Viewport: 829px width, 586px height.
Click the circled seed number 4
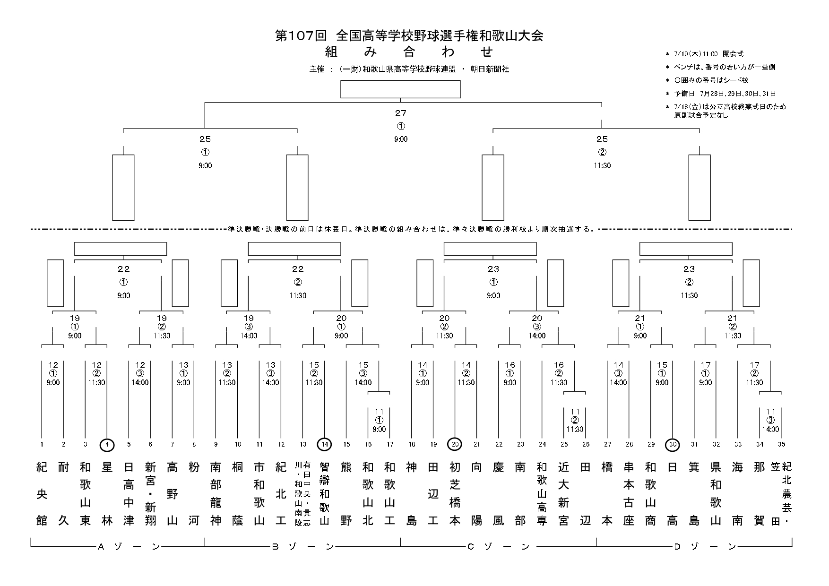pyautogui.click(x=107, y=445)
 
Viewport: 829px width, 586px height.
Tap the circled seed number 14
pyautogui.click(x=325, y=445)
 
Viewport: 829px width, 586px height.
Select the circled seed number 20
pyautogui.click(x=455, y=445)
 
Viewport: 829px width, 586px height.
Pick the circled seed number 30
pyautogui.click(x=673, y=445)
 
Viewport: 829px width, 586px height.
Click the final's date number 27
pyautogui.click(x=401, y=113)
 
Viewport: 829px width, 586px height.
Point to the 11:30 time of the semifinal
pyautogui.click(x=602, y=166)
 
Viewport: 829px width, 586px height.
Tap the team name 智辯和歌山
pyautogui.click(x=325, y=494)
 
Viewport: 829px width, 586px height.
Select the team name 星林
pyautogui.click(x=107, y=494)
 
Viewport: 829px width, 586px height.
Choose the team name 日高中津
pyautogui.click(x=129, y=494)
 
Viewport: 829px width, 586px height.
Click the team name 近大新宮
pyautogui.click(x=564, y=494)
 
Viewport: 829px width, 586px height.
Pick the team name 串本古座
pyautogui.click(x=629, y=494)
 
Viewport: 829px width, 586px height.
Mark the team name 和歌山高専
pyautogui.click(x=542, y=494)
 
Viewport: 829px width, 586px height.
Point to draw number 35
pyautogui.click(x=781, y=445)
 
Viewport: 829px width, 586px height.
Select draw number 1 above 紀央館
pyautogui.click(x=42, y=445)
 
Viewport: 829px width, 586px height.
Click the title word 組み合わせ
pyautogui.click(x=409, y=52)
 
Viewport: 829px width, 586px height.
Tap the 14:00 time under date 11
pyautogui.click(x=771, y=430)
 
